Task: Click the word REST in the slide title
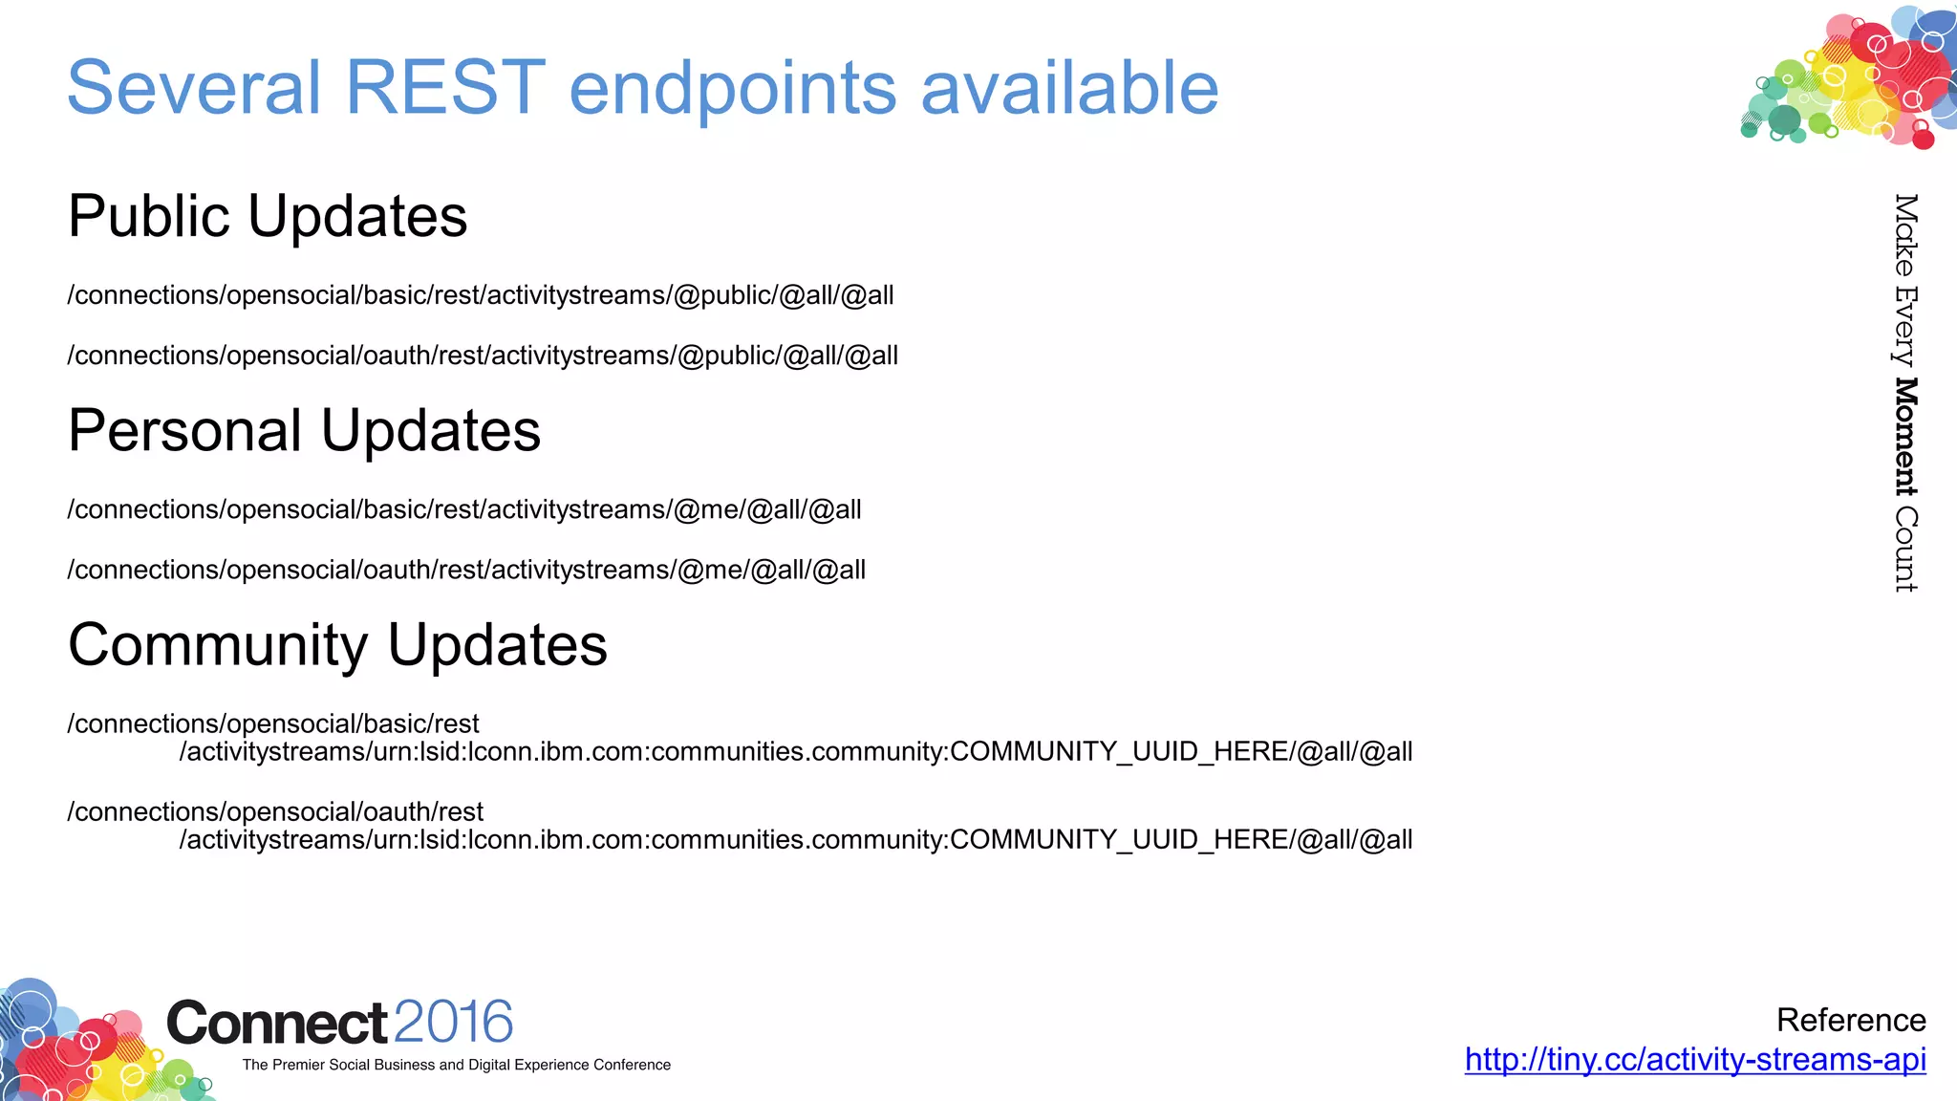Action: coord(444,88)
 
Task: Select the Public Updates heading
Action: coord(268,217)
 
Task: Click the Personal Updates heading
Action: coord(304,431)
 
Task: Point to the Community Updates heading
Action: coord(337,645)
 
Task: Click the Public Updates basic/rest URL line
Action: coord(481,295)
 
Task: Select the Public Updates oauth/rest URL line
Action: coord(483,356)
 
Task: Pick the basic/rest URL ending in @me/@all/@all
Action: coord(464,509)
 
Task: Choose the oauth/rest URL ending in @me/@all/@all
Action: coord(466,570)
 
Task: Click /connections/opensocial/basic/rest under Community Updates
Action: coord(273,723)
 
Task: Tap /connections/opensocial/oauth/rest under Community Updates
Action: coord(275,811)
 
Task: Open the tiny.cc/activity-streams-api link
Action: coord(1695,1059)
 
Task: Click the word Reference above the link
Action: coord(1851,1020)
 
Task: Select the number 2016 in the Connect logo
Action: coord(453,1022)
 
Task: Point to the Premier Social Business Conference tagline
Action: coord(457,1065)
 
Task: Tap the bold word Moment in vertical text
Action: coord(1905,437)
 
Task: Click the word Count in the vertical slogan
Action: coord(1905,550)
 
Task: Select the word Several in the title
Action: coord(194,88)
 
